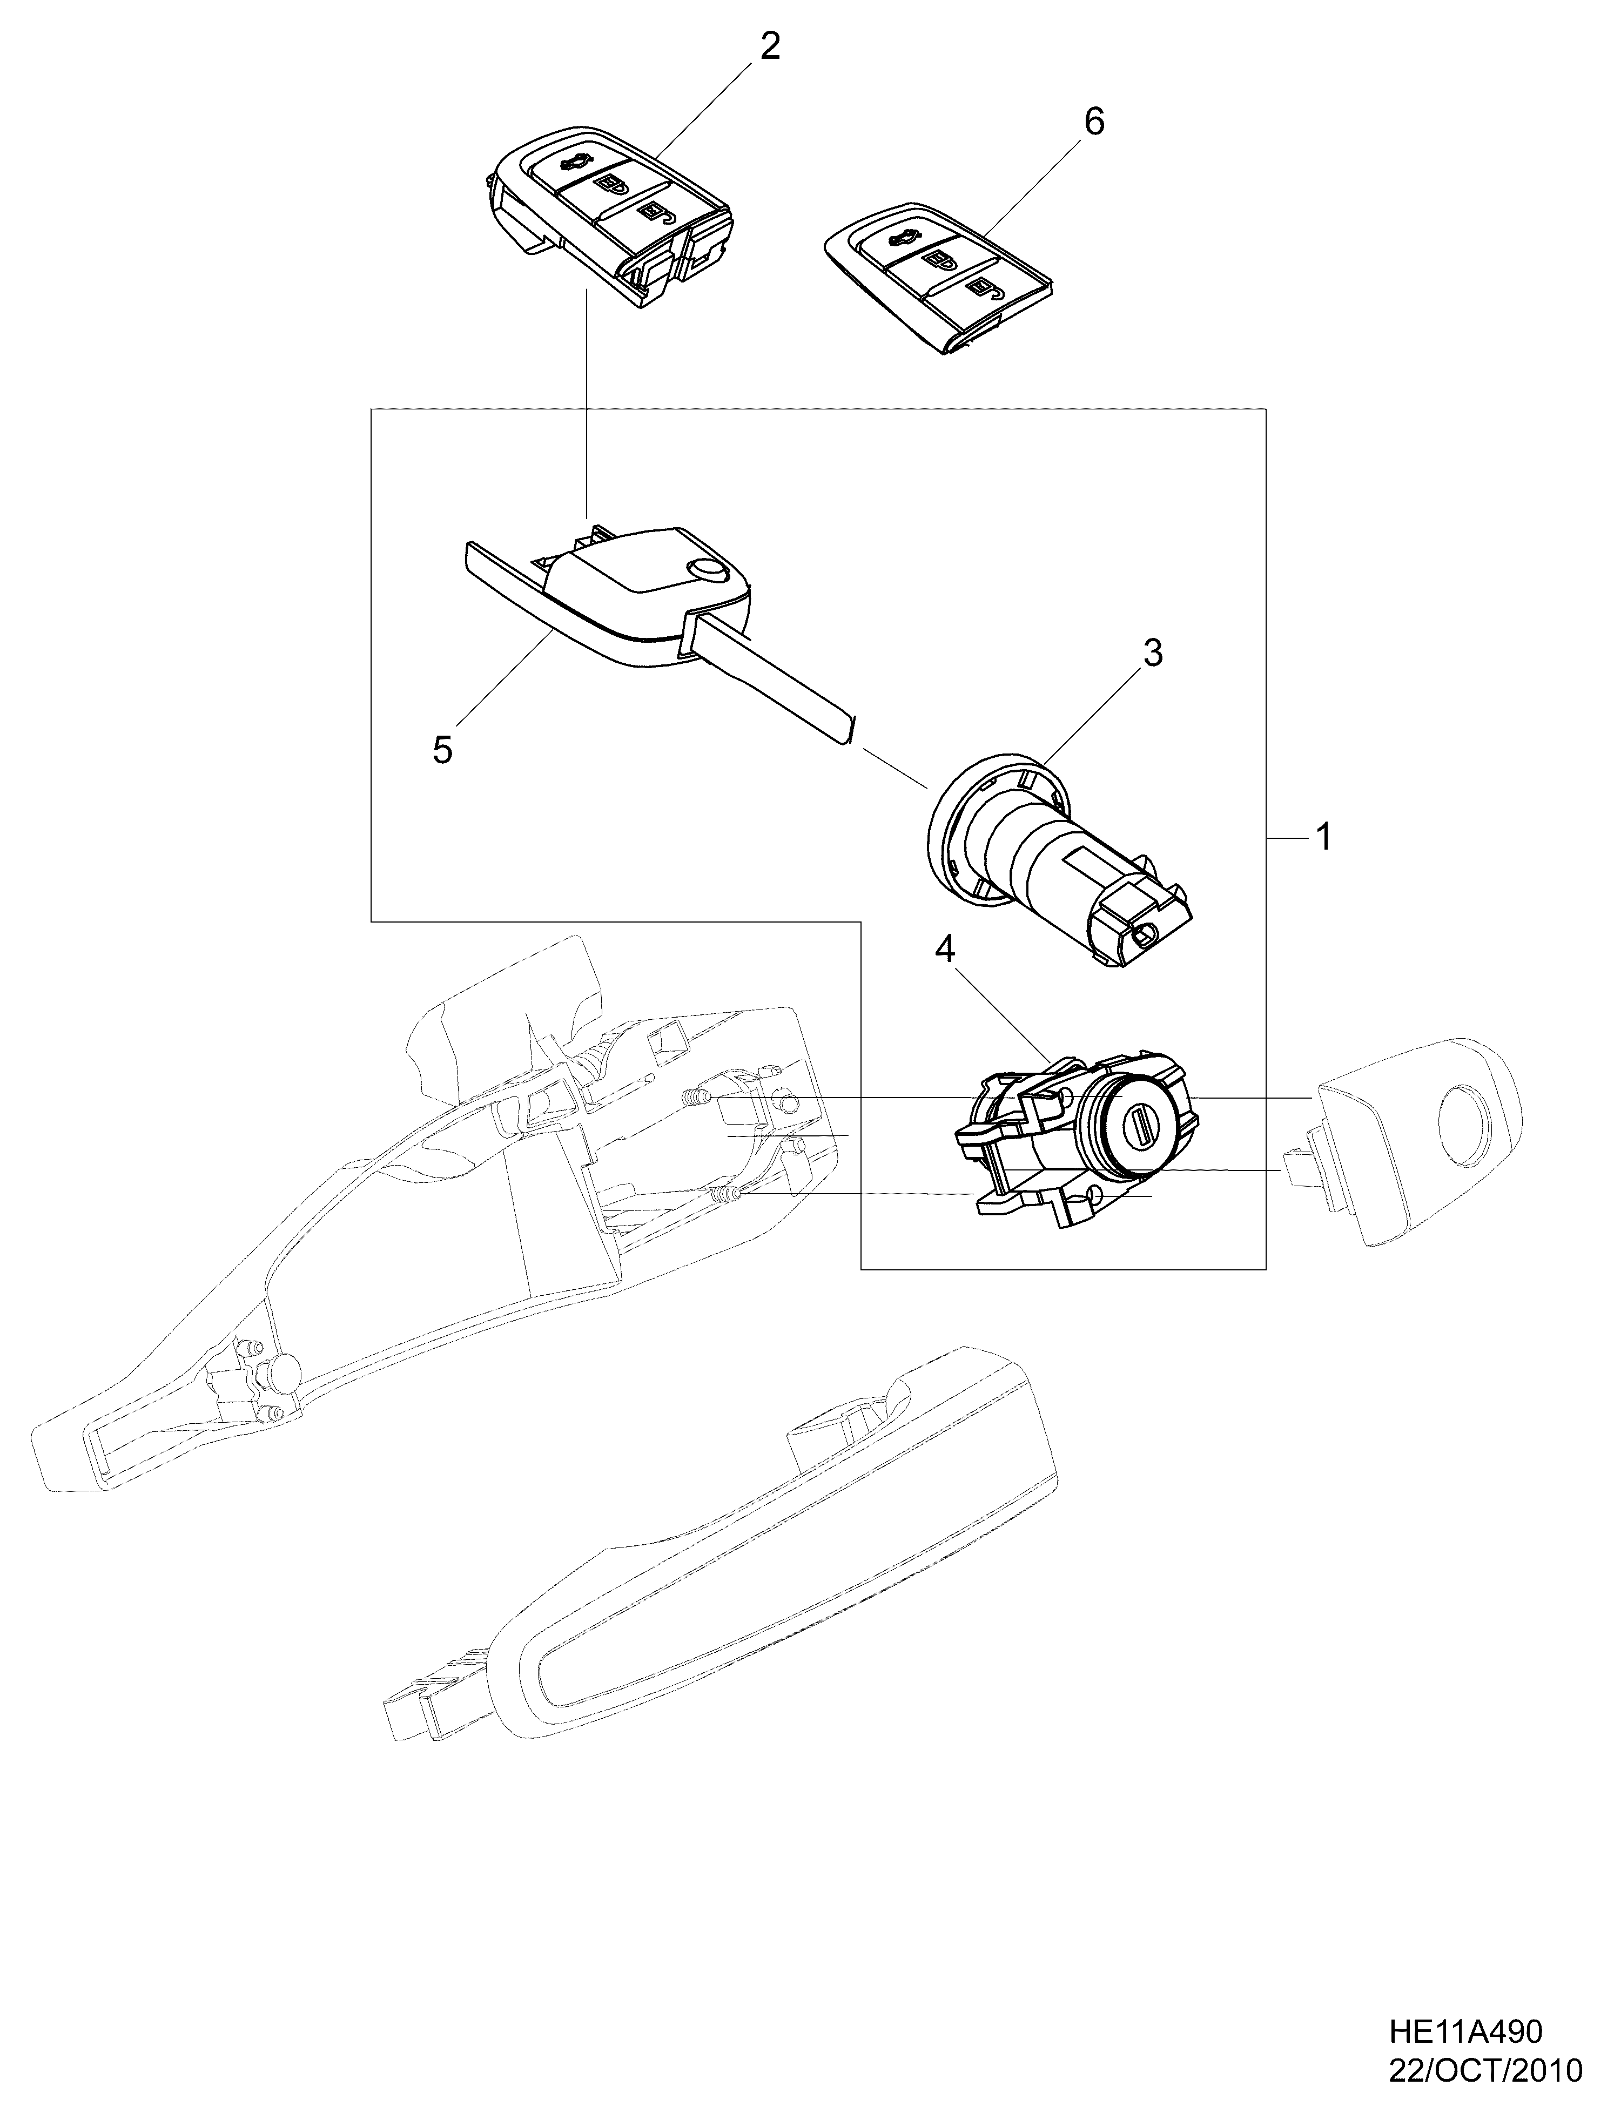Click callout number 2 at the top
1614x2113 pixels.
pos(770,46)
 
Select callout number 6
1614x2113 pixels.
pos(1093,122)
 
